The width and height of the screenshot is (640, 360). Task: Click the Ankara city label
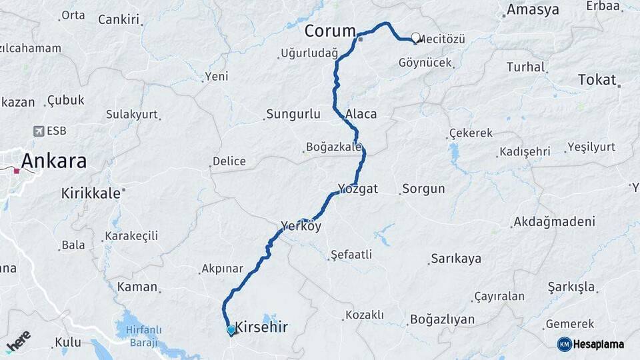tap(54, 161)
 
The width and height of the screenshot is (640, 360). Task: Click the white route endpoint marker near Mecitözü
tap(416, 38)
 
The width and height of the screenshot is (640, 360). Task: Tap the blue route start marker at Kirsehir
tap(231, 329)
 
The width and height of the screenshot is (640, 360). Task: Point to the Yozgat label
tap(358, 189)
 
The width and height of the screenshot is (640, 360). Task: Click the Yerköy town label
tap(301, 226)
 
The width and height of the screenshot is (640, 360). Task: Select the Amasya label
tap(533, 9)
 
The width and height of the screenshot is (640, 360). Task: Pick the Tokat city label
tap(597, 79)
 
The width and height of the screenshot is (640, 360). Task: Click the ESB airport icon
tap(38, 131)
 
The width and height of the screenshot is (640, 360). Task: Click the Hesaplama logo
tap(591, 344)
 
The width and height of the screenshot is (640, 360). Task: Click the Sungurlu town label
tap(293, 114)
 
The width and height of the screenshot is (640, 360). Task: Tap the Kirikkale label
tap(91, 193)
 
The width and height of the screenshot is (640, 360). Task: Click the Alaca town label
tap(361, 114)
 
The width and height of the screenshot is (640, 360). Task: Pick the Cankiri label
tap(119, 19)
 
